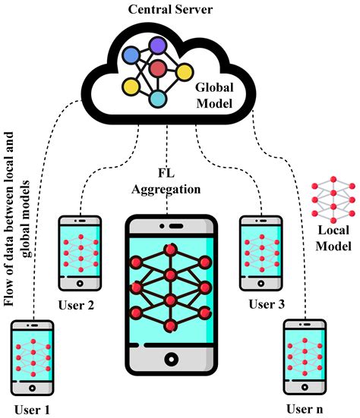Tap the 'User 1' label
pyautogui.click(x=30, y=410)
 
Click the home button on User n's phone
pyautogui.click(x=305, y=392)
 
